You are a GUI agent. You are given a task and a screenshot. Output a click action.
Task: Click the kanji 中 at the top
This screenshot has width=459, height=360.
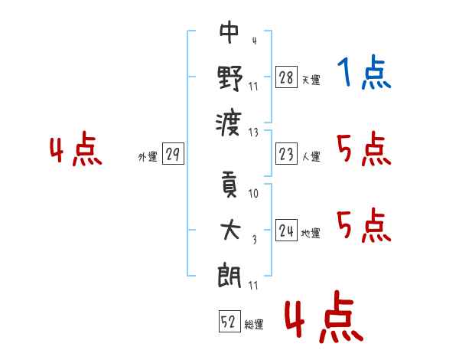point(229,34)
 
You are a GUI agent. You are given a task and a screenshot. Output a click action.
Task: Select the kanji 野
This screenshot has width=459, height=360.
point(229,79)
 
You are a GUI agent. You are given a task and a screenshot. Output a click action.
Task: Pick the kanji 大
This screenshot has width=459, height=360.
point(229,231)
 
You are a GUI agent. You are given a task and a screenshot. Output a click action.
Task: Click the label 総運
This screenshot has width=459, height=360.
point(254,324)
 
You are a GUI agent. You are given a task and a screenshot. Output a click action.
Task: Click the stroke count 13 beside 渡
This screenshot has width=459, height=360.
point(254,131)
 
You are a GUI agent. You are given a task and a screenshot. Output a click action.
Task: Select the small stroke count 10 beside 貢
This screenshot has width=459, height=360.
point(254,194)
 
